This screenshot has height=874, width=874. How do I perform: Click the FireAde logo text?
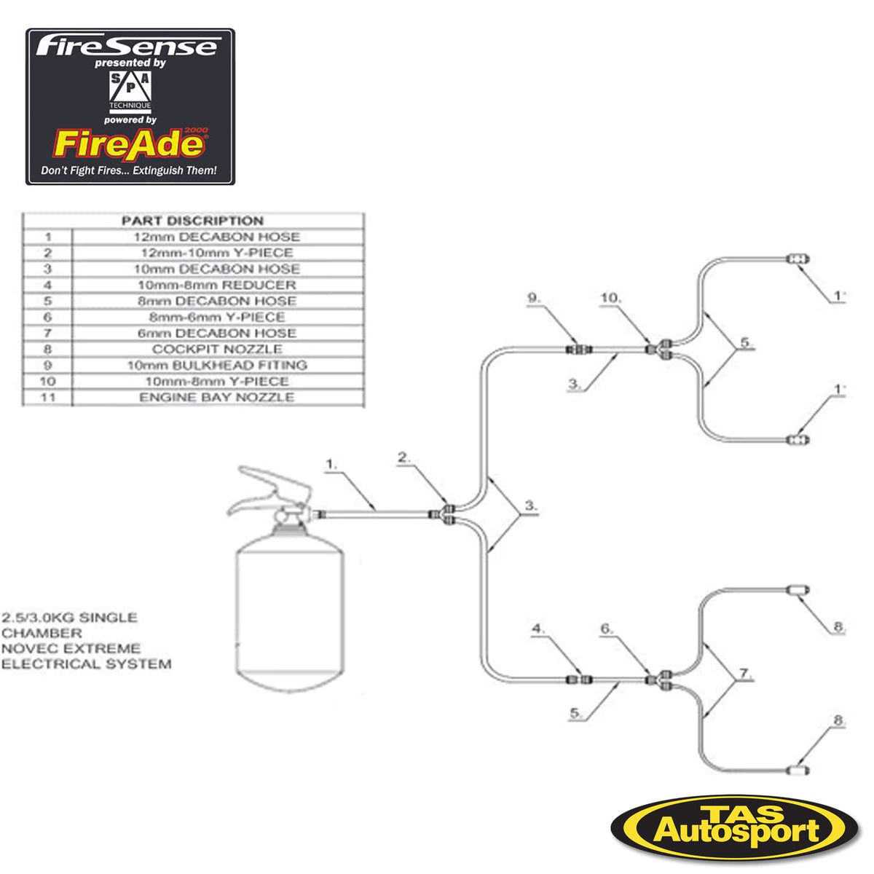pos(128,144)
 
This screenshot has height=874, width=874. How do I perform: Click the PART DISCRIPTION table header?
pos(192,221)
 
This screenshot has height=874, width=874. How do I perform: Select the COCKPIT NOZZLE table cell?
pos(216,349)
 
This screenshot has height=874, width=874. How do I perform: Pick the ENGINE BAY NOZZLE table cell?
pos(216,397)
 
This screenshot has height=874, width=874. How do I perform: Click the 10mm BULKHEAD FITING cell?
pos(216,365)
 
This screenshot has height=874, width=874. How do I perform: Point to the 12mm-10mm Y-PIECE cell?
pos(216,253)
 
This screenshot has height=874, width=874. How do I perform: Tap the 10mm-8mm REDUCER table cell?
pos(216,285)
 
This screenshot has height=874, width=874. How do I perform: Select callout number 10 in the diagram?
pos(610,298)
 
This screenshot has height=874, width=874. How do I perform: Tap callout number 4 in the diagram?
pos(538,628)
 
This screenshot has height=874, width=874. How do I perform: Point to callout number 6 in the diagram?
pos(607,628)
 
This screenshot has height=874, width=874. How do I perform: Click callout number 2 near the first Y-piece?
pos(404,457)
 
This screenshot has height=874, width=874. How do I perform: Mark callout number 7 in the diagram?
pos(744,674)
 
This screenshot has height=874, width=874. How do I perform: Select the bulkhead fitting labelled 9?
pos(580,349)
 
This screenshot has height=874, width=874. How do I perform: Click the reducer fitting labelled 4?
pos(580,680)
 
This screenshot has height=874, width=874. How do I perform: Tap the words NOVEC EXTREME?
pos(71,648)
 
